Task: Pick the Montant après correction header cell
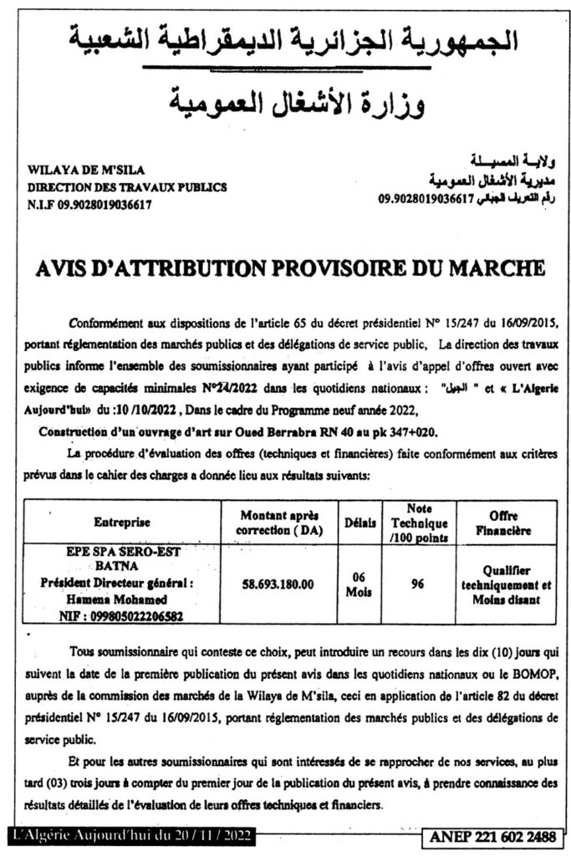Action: click(279, 522)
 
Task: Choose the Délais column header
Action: click(359, 522)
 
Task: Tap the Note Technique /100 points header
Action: click(417, 522)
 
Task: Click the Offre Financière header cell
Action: click(504, 522)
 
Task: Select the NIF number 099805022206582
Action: click(122, 614)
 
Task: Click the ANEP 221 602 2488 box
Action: click(498, 836)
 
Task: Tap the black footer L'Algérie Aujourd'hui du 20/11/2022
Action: click(131, 836)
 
